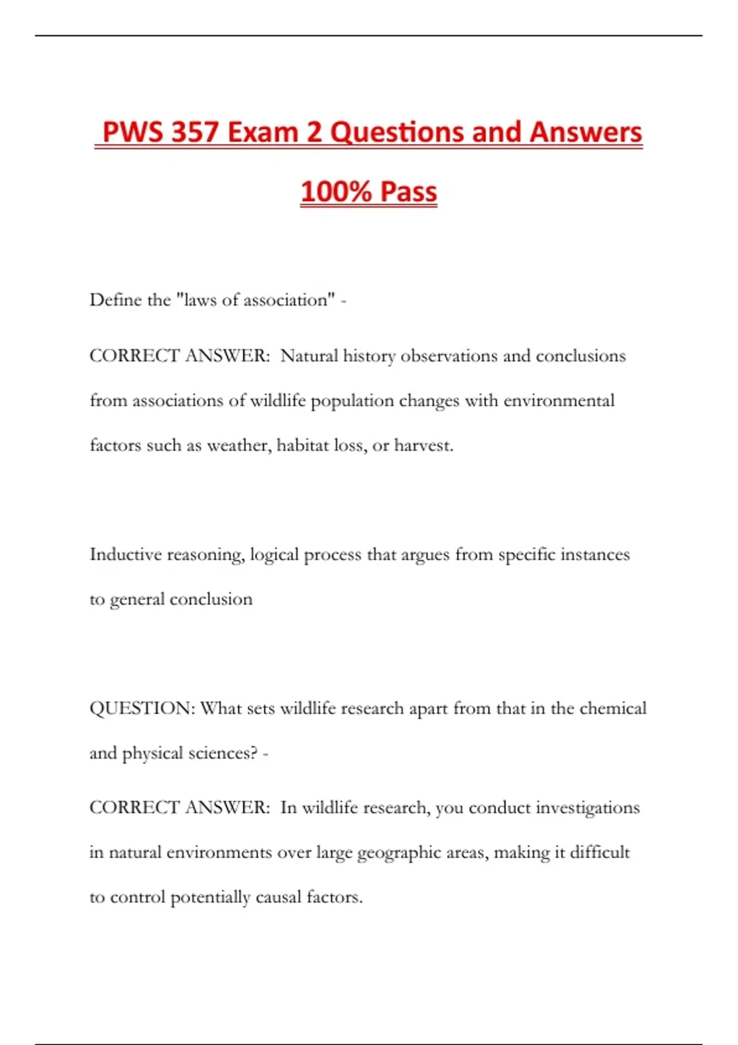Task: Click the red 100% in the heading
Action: [x=336, y=191]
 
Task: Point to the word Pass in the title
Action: [x=408, y=191]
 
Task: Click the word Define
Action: [x=116, y=300]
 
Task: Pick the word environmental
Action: [x=558, y=401]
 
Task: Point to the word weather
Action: [x=239, y=445]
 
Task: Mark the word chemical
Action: [x=613, y=708]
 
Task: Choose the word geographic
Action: [x=389, y=853]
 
